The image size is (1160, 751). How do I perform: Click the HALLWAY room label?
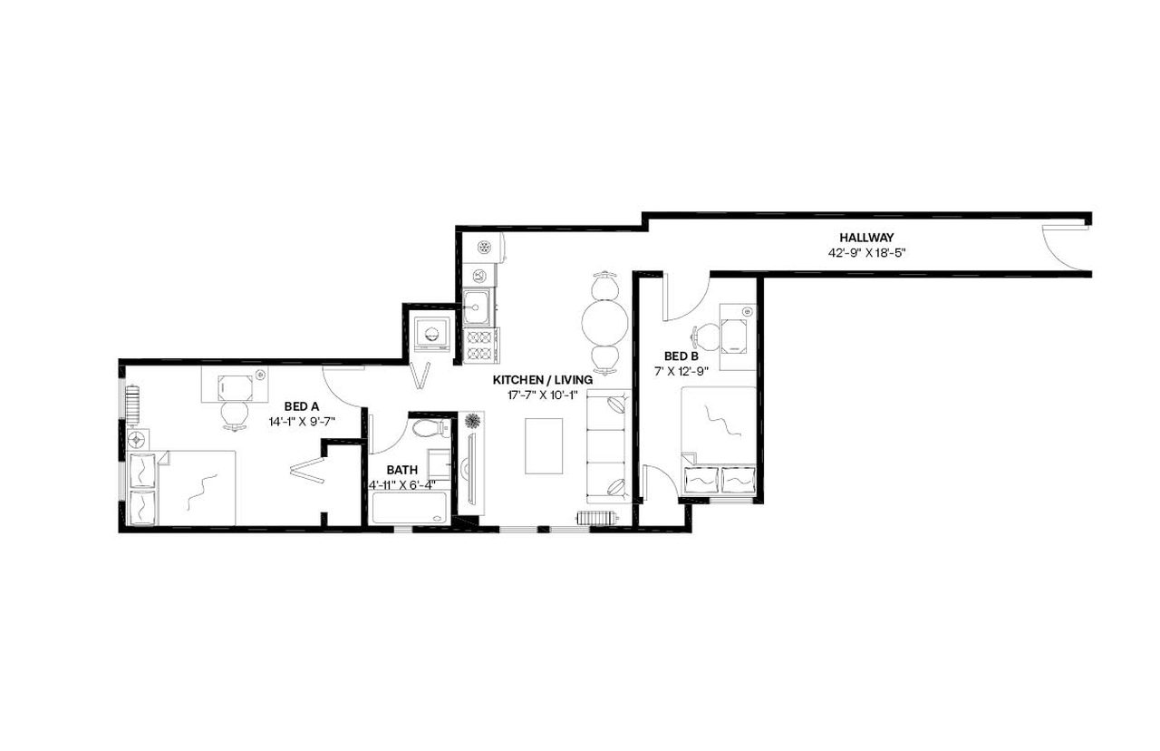tap(866, 238)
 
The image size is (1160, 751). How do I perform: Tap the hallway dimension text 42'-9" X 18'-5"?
tap(866, 253)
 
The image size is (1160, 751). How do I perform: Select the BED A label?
tap(302, 406)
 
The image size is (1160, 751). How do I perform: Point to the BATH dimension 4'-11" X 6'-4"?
tap(402, 484)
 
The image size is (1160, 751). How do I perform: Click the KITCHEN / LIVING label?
tap(543, 379)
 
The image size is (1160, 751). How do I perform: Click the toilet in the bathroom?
tap(429, 428)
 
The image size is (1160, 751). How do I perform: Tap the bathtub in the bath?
tap(411, 509)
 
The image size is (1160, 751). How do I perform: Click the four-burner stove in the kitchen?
tap(480, 346)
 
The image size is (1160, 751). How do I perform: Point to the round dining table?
tap(604, 321)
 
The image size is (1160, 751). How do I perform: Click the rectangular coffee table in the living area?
tap(544, 445)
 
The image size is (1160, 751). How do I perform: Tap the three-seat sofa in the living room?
tap(609, 447)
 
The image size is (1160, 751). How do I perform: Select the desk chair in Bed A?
tap(234, 414)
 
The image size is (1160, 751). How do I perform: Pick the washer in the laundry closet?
tap(431, 333)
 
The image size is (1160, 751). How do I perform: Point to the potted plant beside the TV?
tap(472, 421)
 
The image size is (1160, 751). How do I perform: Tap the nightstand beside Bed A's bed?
tap(138, 440)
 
